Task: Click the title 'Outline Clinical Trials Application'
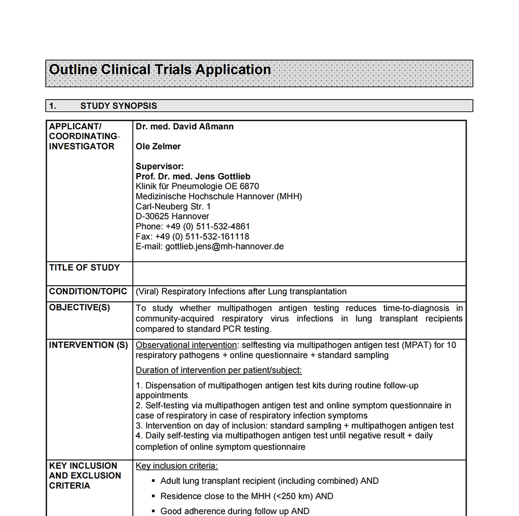click(160, 70)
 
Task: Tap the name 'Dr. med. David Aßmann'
click(185, 127)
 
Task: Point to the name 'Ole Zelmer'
click(158, 147)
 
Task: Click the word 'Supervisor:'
click(160, 166)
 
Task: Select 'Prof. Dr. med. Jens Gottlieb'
click(193, 177)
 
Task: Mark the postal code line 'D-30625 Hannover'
click(172, 216)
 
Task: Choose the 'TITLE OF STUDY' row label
click(85, 268)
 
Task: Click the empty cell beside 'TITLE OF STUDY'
click(299, 273)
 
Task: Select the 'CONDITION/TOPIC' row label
click(88, 291)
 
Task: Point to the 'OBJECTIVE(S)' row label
click(80, 308)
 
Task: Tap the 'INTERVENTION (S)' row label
click(88, 345)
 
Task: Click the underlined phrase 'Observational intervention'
click(186, 345)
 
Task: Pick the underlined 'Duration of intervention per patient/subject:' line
click(218, 370)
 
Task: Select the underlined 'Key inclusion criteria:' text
click(177, 466)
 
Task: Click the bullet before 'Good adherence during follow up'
click(154, 511)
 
